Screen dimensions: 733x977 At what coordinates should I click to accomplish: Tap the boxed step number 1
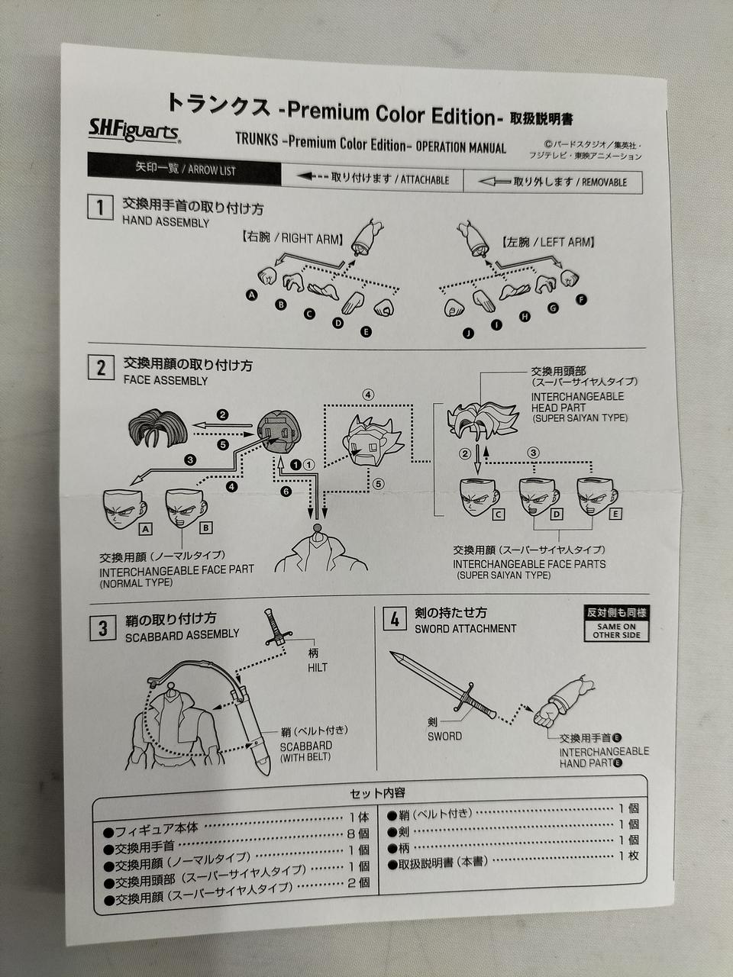pos(100,208)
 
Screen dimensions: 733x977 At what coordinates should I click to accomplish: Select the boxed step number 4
pos(395,619)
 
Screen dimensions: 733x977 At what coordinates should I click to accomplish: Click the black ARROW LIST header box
pos(184,169)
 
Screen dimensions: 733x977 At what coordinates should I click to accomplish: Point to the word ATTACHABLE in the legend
pos(425,180)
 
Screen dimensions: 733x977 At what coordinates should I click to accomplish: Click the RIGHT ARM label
pos(293,239)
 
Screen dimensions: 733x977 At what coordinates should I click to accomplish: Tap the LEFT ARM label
pos(548,242)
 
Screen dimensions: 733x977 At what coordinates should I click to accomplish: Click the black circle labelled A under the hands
pos(252,295)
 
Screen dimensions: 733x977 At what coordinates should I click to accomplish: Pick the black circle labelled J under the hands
pos(468,334)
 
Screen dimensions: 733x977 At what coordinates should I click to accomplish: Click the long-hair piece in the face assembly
pos(158,427)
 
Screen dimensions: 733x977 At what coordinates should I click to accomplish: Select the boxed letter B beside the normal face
pos(205,528)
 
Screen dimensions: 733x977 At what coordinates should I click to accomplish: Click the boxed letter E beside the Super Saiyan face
pos(615,514)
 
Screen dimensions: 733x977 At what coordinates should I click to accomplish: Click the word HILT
pos(318,668)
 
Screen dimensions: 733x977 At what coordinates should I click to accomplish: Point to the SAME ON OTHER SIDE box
pos(616,623)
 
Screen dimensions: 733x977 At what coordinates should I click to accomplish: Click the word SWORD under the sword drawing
pos(444,737)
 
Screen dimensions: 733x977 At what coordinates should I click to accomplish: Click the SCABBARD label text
pos(306,746)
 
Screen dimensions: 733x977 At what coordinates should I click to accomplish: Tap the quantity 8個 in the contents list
pos(358,834)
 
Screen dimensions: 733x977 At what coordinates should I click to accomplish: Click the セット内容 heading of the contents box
pos(377,793)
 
